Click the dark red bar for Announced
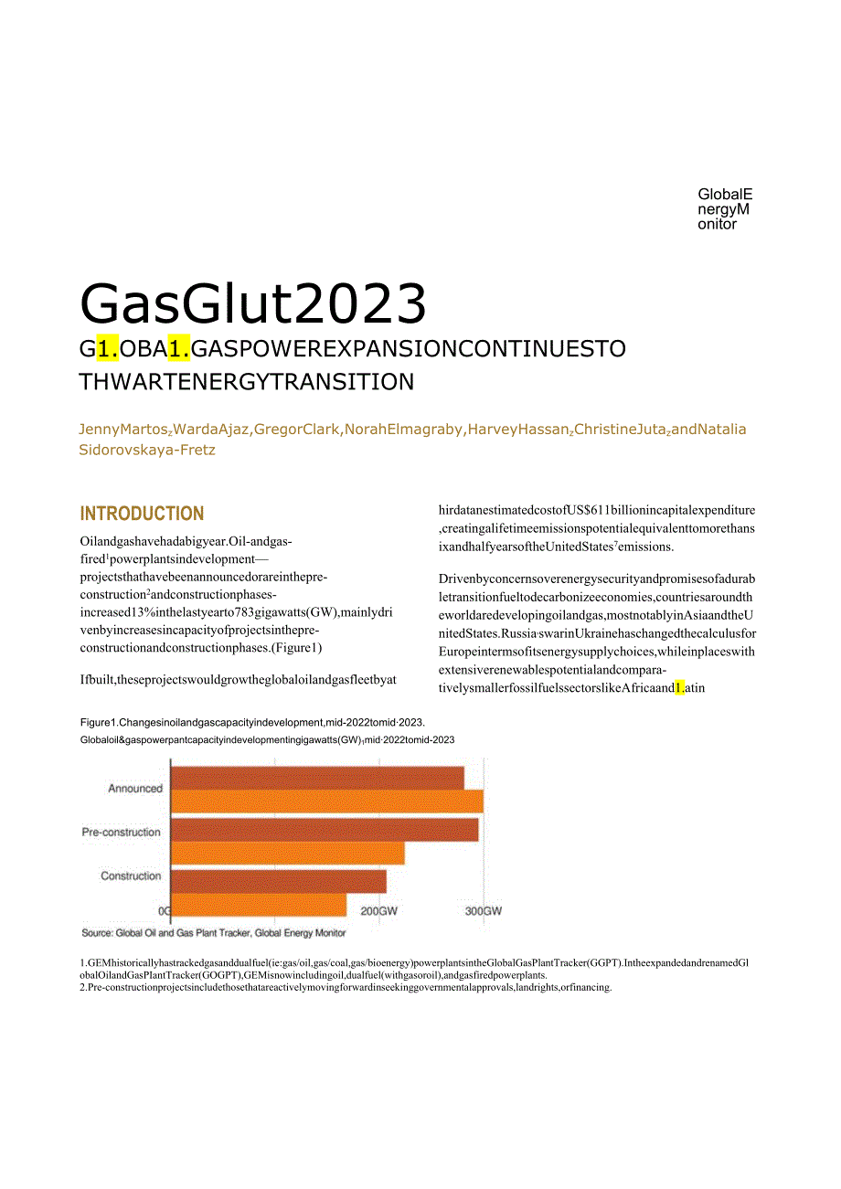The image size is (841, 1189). pyautogui.click(x=317, y=778)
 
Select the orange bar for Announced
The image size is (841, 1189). pyautogui.click(x=326, y=801)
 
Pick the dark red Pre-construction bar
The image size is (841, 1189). pyautogui.click(x=325, y=830)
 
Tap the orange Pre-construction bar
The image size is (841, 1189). pyautogui.click(x=287, y=853)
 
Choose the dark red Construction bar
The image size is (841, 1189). pyautogui.click(x=278, y=881)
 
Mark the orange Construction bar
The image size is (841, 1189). pyautogui.click(x=259, y=905)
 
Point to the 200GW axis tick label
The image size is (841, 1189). pyautogui.click(x=378, y=911)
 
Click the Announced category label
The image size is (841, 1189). pyautogui.click(x=135, y=789)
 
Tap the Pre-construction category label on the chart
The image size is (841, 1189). pyautogui.click(x=122, y=833)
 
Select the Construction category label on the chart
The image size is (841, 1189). pyautogui.click(x=131, y=876)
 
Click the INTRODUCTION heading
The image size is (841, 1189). pyautogui.click(x=142, y=514)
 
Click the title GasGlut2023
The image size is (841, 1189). pyautogui.click(x=253, y=304)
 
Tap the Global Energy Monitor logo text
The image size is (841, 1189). pyautogui.click(x=725, y=209)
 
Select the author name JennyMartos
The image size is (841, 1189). pyautogui.click(x=116, y=430)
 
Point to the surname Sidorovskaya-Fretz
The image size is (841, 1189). pyautogui.click(x=148, y=450)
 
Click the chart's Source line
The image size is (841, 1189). pyautogui.click(x=214, y=933)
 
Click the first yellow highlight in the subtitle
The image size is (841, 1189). pyautogui.click(x=108, y=349)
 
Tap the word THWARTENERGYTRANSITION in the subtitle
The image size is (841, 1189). pyautogui.click(x=247, y=382)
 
